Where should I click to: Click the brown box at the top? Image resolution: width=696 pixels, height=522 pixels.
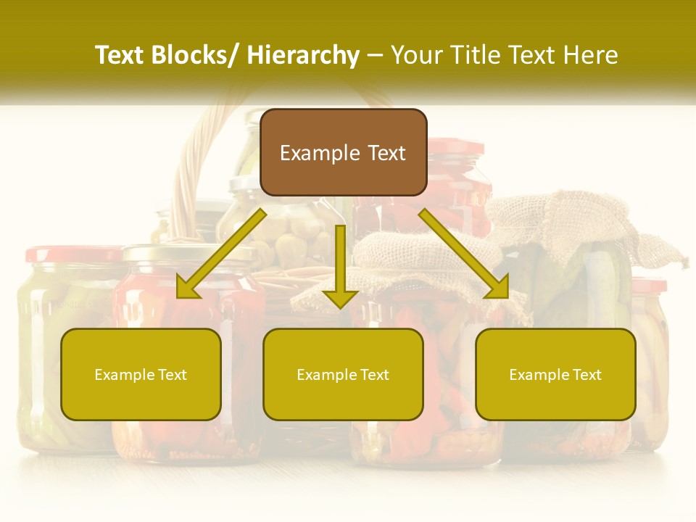(x=343, y=152)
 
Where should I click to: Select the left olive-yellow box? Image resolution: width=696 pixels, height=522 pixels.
(x=141, y=374)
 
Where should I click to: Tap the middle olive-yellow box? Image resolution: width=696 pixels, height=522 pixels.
(x=343, y=374)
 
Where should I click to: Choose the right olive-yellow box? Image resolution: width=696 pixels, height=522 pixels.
(x=555, y=374)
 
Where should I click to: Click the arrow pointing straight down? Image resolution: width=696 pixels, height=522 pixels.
(x=340, y=268)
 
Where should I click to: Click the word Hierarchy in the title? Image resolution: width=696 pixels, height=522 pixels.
(x=303, y=56)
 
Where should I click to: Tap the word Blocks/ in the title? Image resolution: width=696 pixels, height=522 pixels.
(x=191, y=56)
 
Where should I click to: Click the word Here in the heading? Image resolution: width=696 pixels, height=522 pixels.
(x=592, y=56)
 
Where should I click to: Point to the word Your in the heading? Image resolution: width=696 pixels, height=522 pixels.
(x=418, y=56)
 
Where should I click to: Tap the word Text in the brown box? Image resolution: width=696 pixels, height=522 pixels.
(x=387, y=153)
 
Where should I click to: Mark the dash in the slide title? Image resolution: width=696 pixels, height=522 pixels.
(x=375, y=56)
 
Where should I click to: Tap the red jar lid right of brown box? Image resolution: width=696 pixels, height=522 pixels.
(x=457, y=148)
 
